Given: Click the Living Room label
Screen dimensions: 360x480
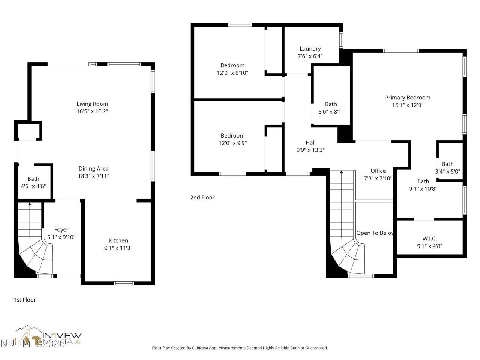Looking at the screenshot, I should click(x=92, y=104).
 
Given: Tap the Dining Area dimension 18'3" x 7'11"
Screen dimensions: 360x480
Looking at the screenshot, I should click(x=93, y=176).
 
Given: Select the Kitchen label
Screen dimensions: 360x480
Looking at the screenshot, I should click(x=118, y=240).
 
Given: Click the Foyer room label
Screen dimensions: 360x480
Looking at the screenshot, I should click(x=61, y=230).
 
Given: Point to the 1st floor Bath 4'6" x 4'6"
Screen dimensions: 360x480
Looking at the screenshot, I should click(x=33, y=182).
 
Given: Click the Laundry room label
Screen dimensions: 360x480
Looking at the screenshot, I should click(x=310, y=49).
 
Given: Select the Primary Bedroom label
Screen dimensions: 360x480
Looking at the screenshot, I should click(x=408, y=97).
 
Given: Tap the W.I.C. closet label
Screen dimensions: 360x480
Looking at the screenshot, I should click(x=429, y=238).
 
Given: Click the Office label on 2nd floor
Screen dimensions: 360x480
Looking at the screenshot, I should click(x=378, y=171).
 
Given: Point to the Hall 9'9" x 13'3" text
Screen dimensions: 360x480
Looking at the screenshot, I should click(x=310, y=146).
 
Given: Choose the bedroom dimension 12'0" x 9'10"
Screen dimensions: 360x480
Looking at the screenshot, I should click(x=232, y=73).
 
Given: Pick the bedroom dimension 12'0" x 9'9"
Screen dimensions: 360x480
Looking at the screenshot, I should click(x=232, y=143).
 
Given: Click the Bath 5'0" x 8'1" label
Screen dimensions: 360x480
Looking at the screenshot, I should click(x=331, y=108).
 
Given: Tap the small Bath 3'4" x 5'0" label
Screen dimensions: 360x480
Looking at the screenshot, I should click(x=447, y=168).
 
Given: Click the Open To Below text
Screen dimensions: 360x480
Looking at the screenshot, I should click(x=375, y=233).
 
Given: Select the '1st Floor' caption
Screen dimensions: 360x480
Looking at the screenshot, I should click(x=25, y=300).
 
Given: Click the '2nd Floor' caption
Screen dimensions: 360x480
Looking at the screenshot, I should click(x=202, y=198).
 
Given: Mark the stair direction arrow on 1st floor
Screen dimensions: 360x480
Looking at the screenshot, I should click(x=30, y=205).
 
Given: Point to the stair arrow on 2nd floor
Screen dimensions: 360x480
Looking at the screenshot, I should click(x=342, y=172).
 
